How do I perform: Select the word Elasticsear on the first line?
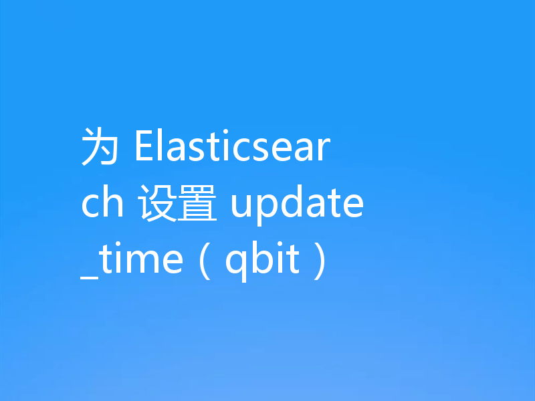point(232,148)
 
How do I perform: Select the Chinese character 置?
point(198,204)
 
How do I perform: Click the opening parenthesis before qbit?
point(207,261)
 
